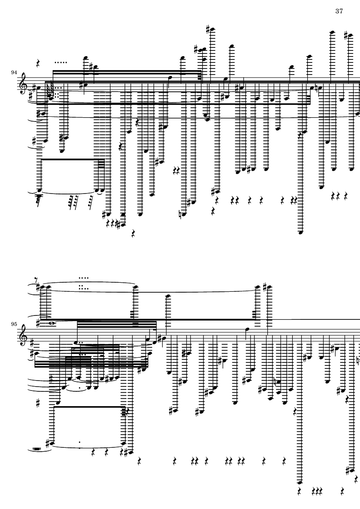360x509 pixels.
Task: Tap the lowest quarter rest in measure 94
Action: (133, 234)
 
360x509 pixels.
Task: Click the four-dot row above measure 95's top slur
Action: (84, 278)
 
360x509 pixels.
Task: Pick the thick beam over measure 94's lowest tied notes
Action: (69, 159)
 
